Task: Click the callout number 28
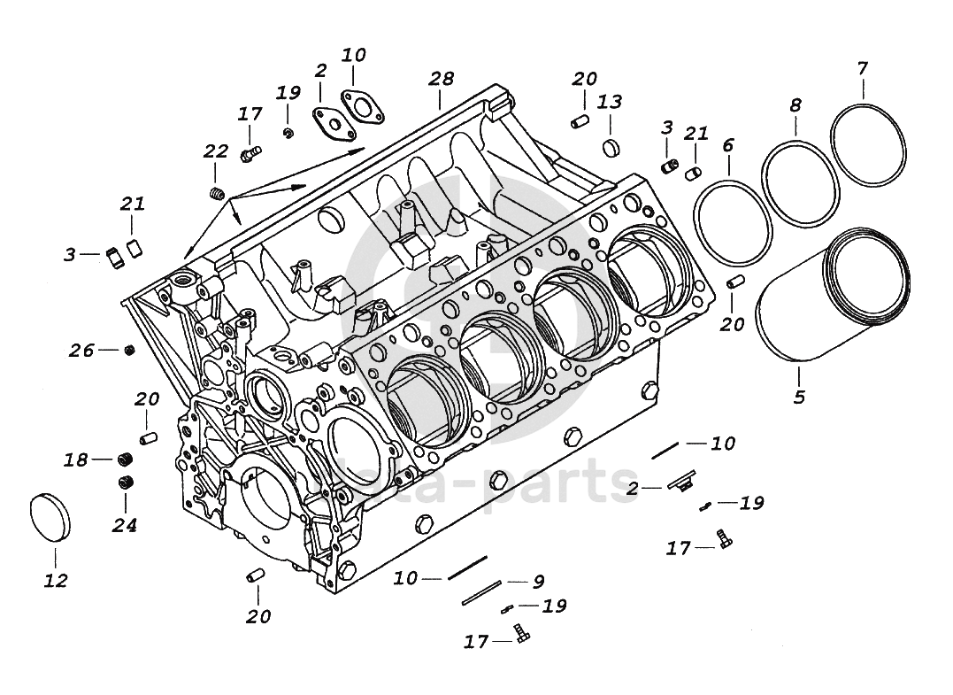click(442, 80)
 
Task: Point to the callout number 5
click(799, 398)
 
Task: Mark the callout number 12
click(55, 581)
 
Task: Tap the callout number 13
click(609, 103)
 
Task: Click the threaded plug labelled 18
click(125, 459)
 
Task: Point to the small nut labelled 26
click(129, 350)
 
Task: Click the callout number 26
click(81, 351)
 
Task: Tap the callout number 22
click(216, 151)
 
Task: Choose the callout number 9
click(538, 582)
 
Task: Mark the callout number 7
click(863, 67)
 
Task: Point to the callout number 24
click(125, 525)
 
